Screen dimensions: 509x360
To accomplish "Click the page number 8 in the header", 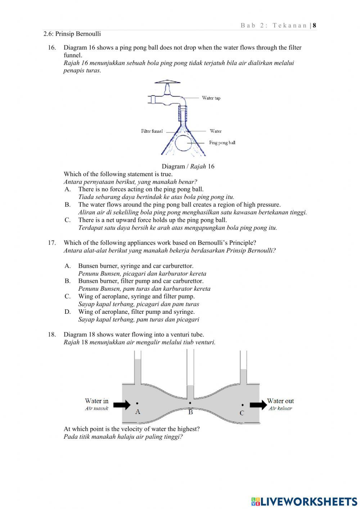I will pos(314,25).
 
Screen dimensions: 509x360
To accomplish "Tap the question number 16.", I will pos(52,48).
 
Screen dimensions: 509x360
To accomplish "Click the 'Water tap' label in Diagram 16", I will pos(211,98).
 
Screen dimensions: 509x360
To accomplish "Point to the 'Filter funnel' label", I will pos(152,131).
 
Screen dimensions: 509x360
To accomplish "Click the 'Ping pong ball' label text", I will pos(222,143).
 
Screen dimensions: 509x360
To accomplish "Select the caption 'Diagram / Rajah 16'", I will pos(188,166).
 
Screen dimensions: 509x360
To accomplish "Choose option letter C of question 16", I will pos(67,220).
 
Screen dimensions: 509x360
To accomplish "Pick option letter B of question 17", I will pos(67,281).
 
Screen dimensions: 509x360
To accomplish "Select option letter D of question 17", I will pos(67,312).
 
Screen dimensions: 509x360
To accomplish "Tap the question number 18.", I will pos(52,334).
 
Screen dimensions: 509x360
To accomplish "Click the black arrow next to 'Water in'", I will pos(122,405).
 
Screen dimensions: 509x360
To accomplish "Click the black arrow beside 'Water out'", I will pos(258,405).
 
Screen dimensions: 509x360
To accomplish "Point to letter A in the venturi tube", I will pos(138,411).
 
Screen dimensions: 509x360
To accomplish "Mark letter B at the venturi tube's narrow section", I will pos(190,412).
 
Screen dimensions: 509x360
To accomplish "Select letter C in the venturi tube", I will pos(242,413).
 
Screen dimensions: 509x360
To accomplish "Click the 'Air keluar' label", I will pos(280,408).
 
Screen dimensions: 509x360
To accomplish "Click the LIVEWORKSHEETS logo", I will pos(304,501).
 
